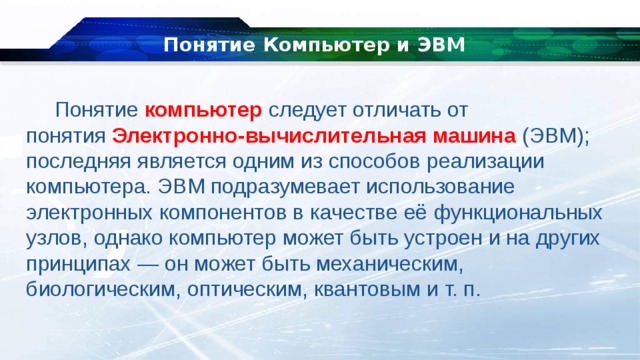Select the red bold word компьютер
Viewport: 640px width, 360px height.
click(204, 109)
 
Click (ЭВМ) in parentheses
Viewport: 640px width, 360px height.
click(556, 135)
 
